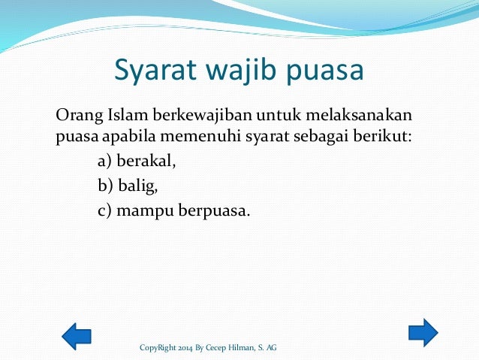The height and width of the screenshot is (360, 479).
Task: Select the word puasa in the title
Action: (324, 72)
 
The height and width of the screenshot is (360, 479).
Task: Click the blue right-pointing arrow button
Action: (423, 332)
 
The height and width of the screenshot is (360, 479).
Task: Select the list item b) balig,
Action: (128, 186)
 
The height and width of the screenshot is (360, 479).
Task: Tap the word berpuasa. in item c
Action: (214, 210)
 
